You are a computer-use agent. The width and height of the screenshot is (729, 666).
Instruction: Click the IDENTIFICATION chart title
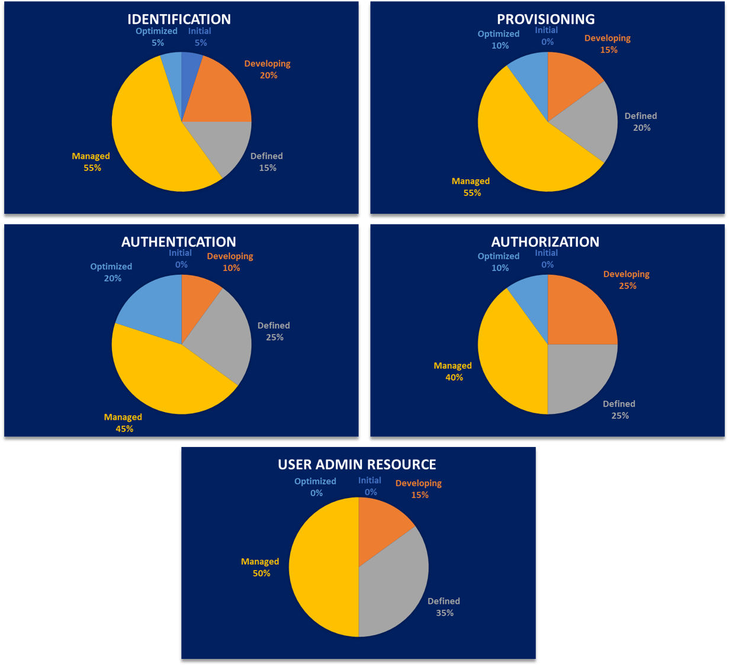pyautogui.click(x=179, y=19)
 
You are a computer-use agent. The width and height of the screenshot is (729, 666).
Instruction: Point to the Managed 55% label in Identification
pyautogui.click(x=91, y=162)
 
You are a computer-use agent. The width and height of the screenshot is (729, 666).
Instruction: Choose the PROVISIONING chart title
pyautogui.click(x=545, y=19)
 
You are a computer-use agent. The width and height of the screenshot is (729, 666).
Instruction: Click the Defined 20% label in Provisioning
pyautogui.click(x=641, y=122)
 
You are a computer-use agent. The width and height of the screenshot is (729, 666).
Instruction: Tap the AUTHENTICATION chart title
pyautogui.click(x=179, y=242)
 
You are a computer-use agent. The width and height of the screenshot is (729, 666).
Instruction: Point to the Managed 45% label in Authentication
pyautogui.click(x=123, y=423)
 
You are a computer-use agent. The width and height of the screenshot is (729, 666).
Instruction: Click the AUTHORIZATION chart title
pyautogui.click(x=545, y=242)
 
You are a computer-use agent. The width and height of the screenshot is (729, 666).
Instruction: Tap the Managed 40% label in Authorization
pyautogui.click(x=453, y=372)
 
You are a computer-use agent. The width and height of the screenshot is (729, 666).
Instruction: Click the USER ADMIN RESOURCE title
pyautogui.click(x=357, y=464)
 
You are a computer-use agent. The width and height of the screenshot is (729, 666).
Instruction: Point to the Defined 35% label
pyautogui.click(x=444, y=607)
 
